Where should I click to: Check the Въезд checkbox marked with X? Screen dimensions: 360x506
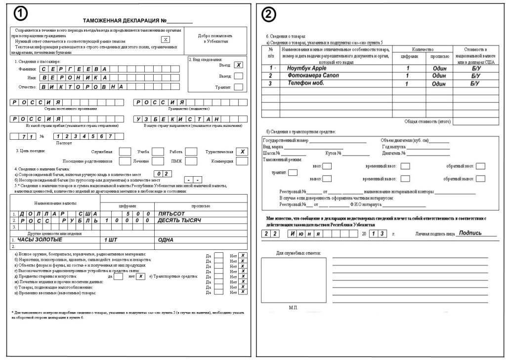(238, 65)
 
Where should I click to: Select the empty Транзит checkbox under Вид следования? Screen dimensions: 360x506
(238, 87)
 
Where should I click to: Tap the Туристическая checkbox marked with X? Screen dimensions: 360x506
(241, 152)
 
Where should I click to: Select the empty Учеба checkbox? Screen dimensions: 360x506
(157, 152)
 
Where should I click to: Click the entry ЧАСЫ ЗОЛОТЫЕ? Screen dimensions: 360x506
(40, 240)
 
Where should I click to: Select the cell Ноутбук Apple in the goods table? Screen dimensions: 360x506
(307, 68)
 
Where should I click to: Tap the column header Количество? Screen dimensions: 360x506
(422, 49)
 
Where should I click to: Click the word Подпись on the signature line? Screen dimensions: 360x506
(470, 232)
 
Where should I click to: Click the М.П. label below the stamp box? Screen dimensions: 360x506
(294, 307)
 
